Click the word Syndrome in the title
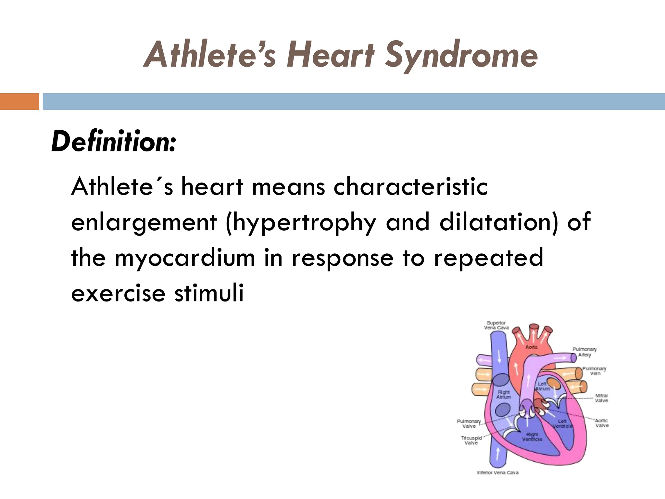tap(461, 55)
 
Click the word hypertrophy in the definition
tap(301, 223)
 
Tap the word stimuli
tap(209, 293)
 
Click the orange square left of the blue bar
tap(19, 101)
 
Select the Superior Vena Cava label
tap(496, 325)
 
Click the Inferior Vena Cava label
tap(497, 473)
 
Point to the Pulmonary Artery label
tap(584, 352)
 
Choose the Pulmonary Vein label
tap(594, 371)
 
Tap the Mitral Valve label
tap(601, 398)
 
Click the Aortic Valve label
tap(602, 423)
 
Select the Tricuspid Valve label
tap(471, 440)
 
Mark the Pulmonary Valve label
tap(469, 424)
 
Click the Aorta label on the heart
tap(532, 347)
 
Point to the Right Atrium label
tap(504, 394)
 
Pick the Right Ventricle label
tap(532, 437)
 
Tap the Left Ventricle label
tap(562, 424)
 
